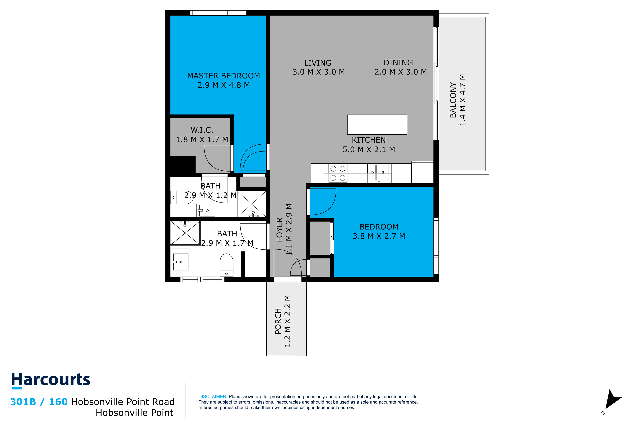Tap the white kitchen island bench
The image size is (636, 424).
coord(377,125)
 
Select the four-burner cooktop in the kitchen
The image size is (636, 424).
coord(338,173)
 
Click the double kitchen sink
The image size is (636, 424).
coord(379,173)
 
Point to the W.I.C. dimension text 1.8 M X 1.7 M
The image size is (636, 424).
coord(202,140)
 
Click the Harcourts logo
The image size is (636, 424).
coord(51,380)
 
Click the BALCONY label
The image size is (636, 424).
coord(453,100)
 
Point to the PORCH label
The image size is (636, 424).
coord(278,321)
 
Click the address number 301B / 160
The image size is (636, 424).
coord(39,402)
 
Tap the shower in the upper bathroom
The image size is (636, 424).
coord(252,204)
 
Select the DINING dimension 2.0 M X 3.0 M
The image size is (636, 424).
coord(400,72)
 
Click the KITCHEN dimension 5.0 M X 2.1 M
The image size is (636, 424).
coord(369,150)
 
